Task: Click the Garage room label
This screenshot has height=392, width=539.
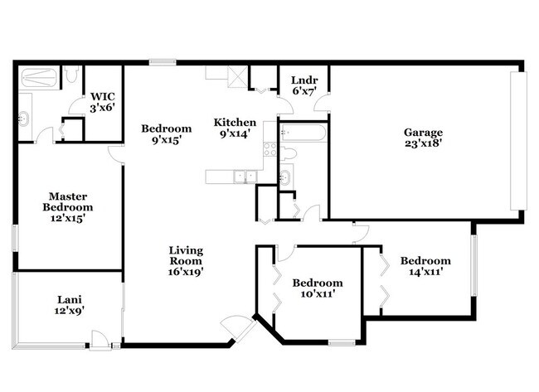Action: click(x=423, y=132)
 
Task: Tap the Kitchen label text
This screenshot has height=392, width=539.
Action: click(x=235, y=123)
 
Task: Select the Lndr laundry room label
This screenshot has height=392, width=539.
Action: click(x=299, y=80)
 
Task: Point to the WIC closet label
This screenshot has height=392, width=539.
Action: click(x=102, y=95)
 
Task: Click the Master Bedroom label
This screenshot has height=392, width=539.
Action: click(x=68, y=201)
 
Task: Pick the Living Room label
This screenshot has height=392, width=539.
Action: click(x=187, y=250)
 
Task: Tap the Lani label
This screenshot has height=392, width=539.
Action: click(x=70, y=299)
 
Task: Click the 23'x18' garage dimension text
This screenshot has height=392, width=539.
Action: click(x=423, y=144)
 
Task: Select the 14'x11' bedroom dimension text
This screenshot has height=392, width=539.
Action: click(x=425, y=273)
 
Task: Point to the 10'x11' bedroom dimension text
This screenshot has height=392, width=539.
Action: click(x=317, y=294)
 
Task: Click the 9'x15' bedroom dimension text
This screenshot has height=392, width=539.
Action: click(x=166, y=141)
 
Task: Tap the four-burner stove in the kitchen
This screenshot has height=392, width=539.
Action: click(x=269, y=150)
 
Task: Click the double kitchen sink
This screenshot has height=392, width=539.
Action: click(x=244, y=176)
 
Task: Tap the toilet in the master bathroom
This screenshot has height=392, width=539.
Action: click(x=71, y=77)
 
